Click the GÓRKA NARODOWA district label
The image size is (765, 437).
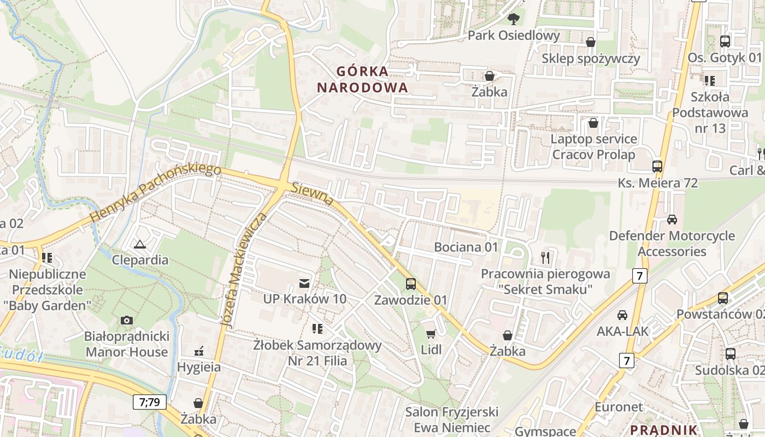[x=362, y=79]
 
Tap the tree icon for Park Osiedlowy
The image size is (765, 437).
[x=513, y=19]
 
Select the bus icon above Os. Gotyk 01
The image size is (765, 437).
[x=725, y=41]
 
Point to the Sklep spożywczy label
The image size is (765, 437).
[x=591, y=58]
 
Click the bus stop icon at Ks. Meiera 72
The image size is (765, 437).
[x=657, y=166]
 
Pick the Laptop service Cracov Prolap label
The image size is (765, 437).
[x=593, y=146]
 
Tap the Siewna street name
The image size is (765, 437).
[x=313, y=194]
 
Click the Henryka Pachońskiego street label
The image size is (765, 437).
[x=156, y=193]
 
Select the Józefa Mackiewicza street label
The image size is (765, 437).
[x=244, y=270]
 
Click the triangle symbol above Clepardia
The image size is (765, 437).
[x=140, y=244]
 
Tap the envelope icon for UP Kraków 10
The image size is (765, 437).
[x=304, y=283]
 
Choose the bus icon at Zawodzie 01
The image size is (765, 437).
[x=410, y=284]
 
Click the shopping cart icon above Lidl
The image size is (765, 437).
[x=431, y=334]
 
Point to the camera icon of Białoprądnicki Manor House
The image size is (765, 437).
[x=127, y=320]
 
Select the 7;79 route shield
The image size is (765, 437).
[x=149, y=403]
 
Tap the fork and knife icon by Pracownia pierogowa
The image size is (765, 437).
[x=545, y=257]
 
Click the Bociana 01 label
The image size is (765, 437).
[x=466, y=247]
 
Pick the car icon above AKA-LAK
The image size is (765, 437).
[x=622, y=315]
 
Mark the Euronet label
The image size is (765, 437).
[x=619, y=407]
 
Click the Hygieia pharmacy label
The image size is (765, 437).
[x=199, y=367]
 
